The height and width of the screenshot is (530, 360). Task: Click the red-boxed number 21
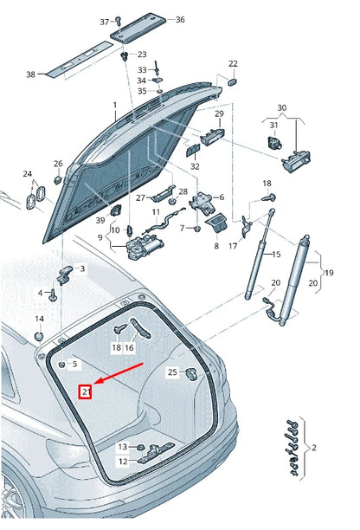pos(86,391)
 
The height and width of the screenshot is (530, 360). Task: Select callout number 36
pos(179,19)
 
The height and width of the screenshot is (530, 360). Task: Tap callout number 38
pos(31,74)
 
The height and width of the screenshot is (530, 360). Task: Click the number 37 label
pos(105,21)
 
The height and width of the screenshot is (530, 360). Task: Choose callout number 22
pos(233,64)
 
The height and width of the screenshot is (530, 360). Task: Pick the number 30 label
pos(281,107)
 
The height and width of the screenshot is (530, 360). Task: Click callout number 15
pos(277,255)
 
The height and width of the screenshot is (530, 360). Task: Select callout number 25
pos(172,372)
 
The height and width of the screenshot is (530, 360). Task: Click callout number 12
pos(123,461)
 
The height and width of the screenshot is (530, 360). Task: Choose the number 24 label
pos(27,174)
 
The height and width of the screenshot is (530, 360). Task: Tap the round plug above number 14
pos(39,333)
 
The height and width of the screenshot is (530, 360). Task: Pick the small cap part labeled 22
pos(233,81)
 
